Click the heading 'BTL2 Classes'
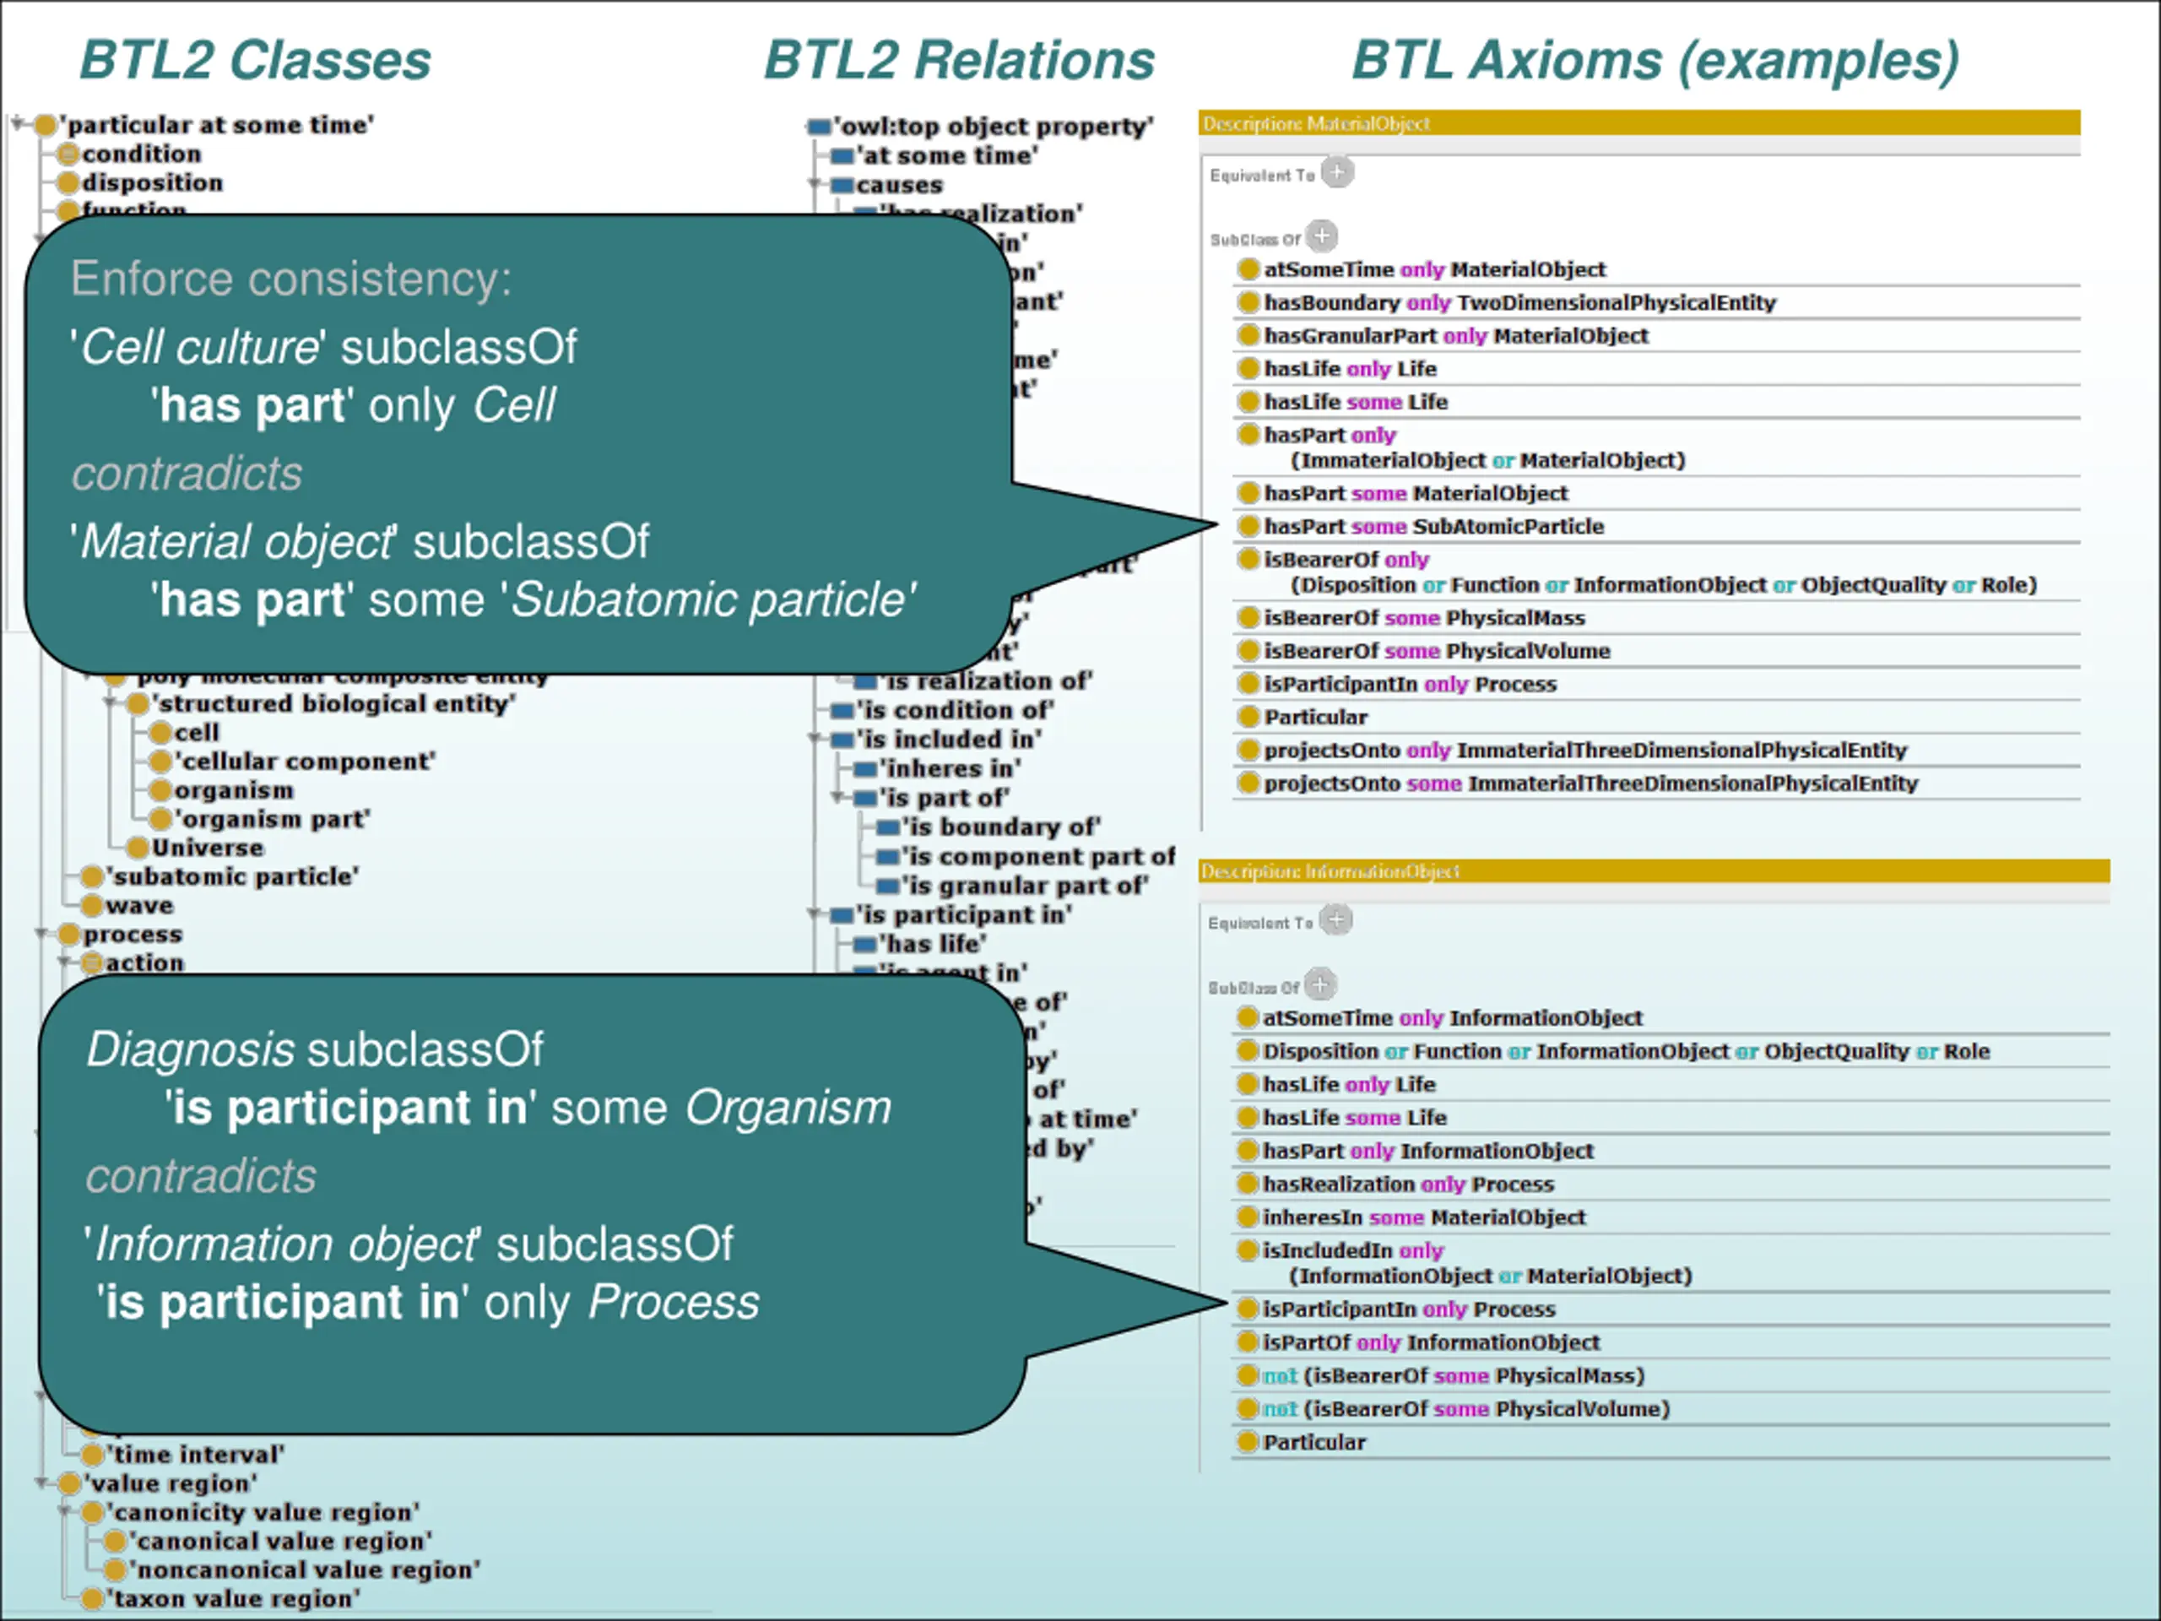255,61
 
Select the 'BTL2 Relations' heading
958,61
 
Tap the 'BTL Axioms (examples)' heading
1655,61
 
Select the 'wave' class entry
138,906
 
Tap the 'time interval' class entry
195,1455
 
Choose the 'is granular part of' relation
1024,886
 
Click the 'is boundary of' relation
1000,827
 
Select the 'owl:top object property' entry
993,127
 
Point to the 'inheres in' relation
950,769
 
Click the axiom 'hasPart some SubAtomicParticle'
1433,527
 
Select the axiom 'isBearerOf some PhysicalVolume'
1436,651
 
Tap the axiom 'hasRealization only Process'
1407,1185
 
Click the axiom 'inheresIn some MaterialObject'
1423,1217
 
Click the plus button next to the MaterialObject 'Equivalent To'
1337,173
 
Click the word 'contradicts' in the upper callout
187,474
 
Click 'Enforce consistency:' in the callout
290,279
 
